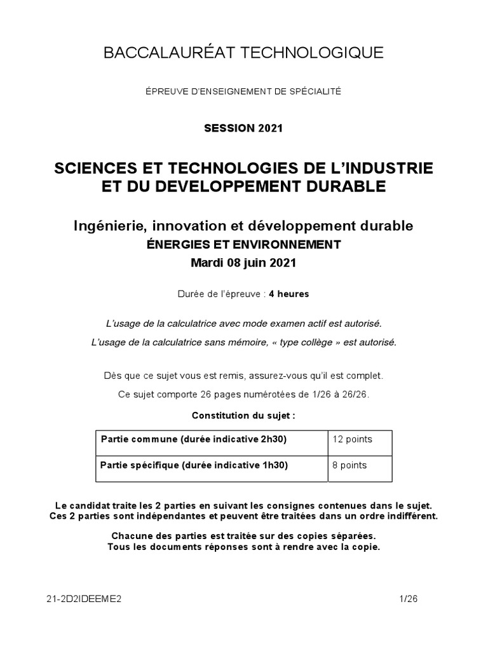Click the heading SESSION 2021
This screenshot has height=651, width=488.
tap(243, 128)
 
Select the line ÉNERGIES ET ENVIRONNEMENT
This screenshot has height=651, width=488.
tap(243, 244)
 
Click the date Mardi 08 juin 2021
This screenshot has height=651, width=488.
tap(243, 262)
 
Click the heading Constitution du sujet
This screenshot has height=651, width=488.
tap(243, 415)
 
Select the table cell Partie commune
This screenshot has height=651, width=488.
tap(211, 439)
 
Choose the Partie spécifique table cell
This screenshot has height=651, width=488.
tap(211, 465)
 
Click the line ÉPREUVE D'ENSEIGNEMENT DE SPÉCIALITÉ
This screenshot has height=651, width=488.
tap(243, 92)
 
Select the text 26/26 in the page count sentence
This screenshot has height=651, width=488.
tap(353, 394)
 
